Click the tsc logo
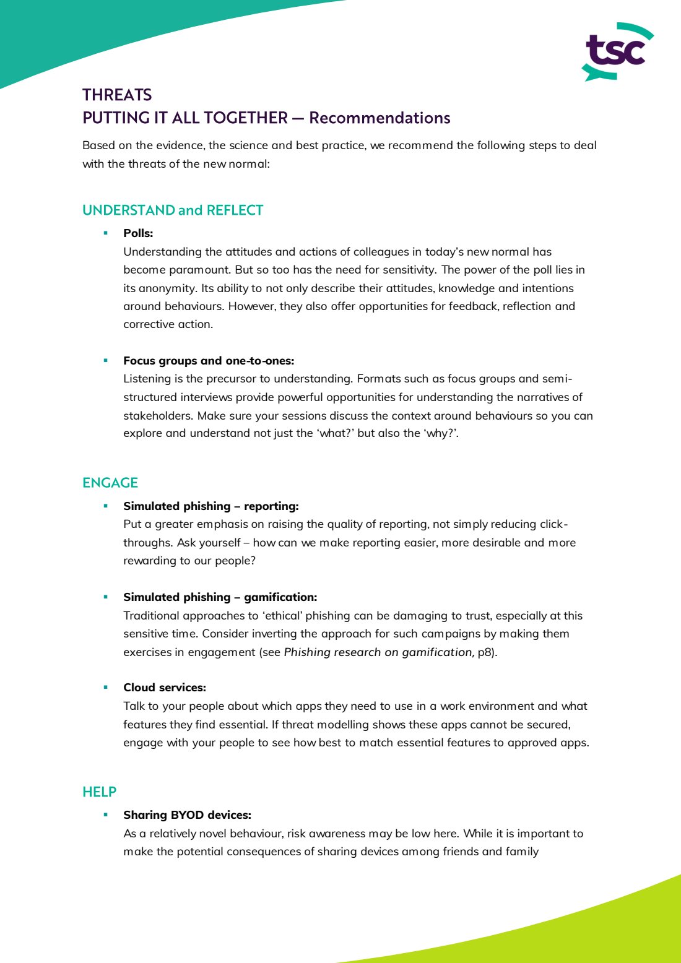click(617, 52)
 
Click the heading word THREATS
click(117, 95)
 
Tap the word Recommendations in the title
click(380, 118)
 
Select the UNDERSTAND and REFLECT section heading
click(173, 210)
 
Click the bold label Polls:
click(138, 233)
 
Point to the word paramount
click(199, 270)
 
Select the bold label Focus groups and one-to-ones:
click(209, 361)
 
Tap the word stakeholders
click(157, 415)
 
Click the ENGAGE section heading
click(110, 483)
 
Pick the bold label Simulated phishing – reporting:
click(210, 506)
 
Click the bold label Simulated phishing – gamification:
click(220, 597)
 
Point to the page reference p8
click(485, 652)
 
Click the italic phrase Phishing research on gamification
click(379, 652)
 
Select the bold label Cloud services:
click(165, 688)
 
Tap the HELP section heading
click(99, 792)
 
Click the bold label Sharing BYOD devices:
click(187, 815)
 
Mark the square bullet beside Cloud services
click(106, 687)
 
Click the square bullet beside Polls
click(106, 233)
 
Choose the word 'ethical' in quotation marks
click(282, 616)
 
